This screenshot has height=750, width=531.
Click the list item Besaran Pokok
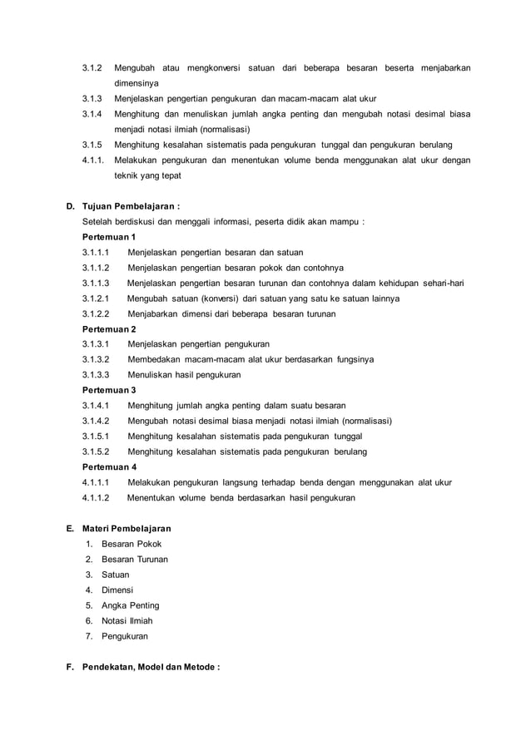pos(132,544)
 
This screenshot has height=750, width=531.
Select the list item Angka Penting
pos(131,605)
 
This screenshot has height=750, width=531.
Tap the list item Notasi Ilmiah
pos(127,620)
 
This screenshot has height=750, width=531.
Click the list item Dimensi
pos(117,590)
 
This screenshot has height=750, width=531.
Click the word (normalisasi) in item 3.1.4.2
pos(365,421)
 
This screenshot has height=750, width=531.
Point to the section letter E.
pos(69,528)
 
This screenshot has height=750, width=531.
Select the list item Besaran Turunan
pos(135,559)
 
